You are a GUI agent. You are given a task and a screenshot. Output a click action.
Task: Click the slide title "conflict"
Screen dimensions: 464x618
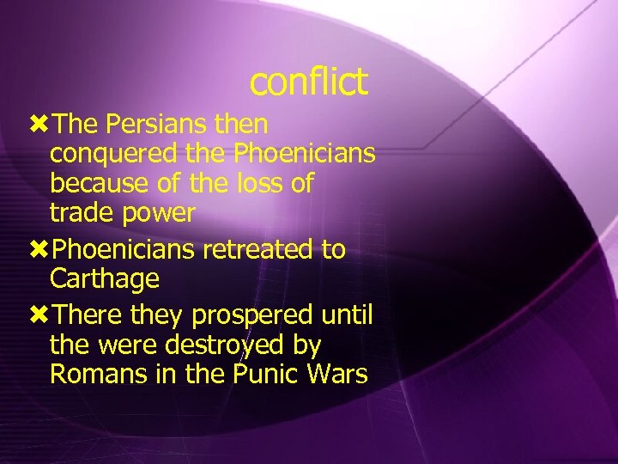308,82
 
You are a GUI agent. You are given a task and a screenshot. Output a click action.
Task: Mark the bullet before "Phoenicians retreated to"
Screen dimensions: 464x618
39,250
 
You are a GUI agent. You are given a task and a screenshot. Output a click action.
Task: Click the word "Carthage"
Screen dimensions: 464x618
105,279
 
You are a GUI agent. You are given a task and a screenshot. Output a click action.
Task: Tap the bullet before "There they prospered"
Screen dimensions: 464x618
39,316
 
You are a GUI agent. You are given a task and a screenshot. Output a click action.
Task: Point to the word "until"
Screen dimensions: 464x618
347,316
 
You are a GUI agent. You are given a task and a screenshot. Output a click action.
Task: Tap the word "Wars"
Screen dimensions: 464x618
338,375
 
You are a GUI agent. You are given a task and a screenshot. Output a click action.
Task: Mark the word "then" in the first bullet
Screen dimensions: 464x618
241,125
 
